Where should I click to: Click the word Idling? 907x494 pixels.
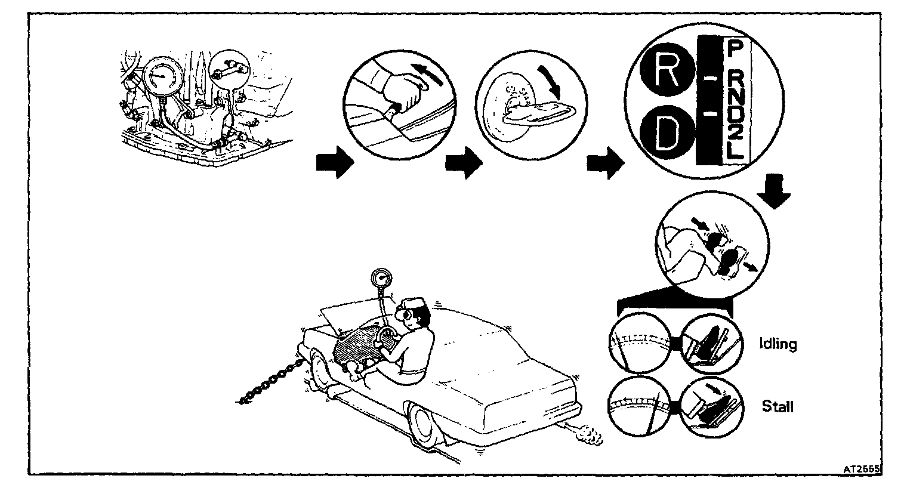[778, 344]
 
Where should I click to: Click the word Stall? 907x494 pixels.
[778, 407]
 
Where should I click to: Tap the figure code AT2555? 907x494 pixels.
[862, 470]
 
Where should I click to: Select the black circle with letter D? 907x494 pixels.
[667, 137]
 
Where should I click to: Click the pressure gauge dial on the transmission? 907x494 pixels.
[160, 77]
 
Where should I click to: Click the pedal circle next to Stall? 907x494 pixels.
[710, 405]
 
